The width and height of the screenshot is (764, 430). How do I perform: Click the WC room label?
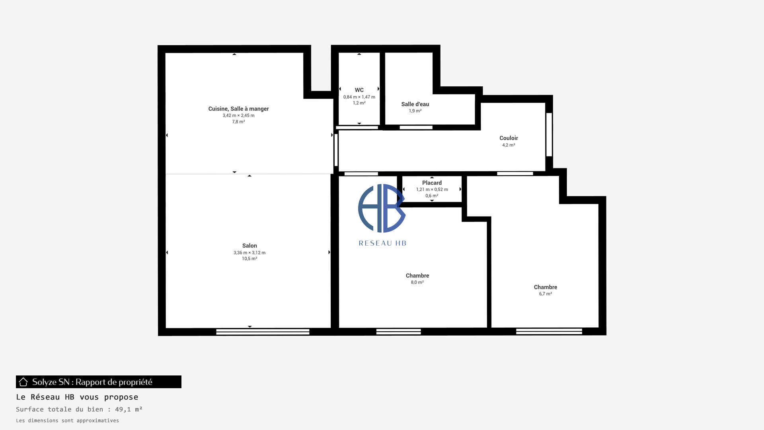pos(359,90)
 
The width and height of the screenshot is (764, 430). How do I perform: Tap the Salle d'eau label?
pos(415,104)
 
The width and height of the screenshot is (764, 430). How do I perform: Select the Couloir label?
pos(509,138)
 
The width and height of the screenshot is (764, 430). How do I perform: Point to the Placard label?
pos(432,183)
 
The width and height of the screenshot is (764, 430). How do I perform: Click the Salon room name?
pos(249,246)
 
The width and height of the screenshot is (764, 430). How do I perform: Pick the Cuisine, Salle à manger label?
pos(238,109)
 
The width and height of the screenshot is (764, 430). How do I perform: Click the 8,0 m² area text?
pos(417,282)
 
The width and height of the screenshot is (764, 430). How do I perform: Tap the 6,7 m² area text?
pos(545,294)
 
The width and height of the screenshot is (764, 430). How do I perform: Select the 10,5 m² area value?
pos(249,258)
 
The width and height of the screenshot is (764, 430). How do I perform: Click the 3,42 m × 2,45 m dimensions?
pos(238,115)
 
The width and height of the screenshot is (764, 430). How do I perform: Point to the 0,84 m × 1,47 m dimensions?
pos(359,97)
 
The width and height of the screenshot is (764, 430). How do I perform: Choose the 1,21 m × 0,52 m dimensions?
pos(432,190)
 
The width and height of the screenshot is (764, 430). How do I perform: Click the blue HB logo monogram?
pos(382,208)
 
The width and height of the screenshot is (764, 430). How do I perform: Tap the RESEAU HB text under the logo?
pos(382,243)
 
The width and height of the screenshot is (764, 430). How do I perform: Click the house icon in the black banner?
pos(23,382)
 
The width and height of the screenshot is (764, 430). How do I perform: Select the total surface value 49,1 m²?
pos(129,409)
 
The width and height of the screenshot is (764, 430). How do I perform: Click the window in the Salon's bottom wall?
pos(263,332)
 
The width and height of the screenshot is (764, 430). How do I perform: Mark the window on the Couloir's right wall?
pos(549,135)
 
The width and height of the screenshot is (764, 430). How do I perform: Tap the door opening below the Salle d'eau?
pos(416,127)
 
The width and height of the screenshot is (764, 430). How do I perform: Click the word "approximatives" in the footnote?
pos(97,421)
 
